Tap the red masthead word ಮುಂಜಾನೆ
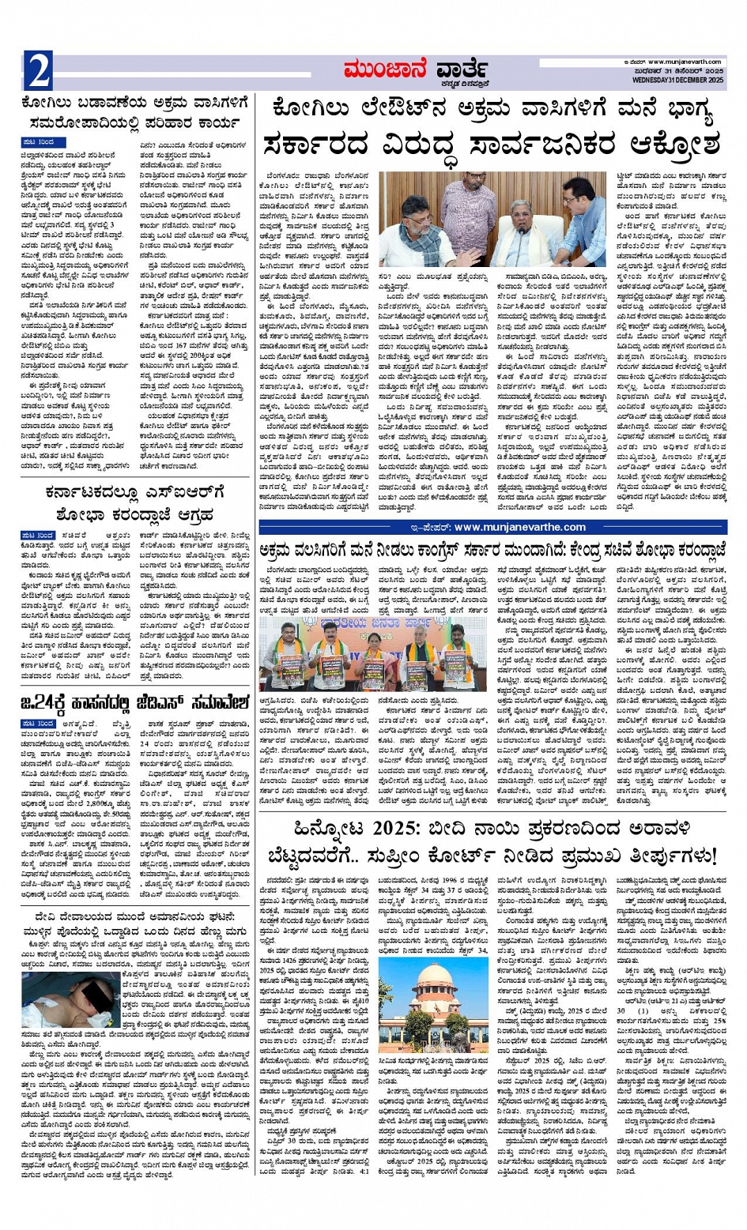386,70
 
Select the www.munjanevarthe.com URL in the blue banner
519,527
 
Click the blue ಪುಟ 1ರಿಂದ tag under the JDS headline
38,724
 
